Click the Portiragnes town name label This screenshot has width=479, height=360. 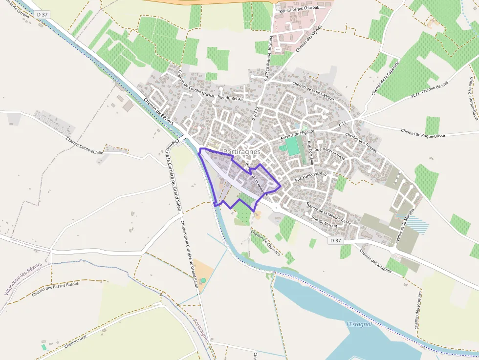[x=241, y=152]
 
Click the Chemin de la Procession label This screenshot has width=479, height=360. [x=313, y=91]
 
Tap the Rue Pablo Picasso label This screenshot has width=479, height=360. [x=311, y=177]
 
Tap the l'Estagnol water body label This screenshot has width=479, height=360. [x=359, y=324]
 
